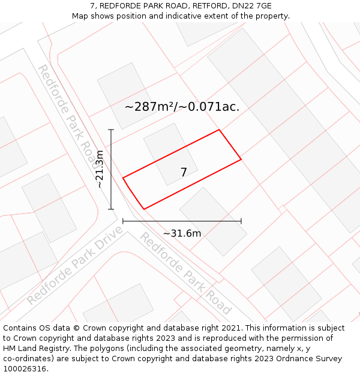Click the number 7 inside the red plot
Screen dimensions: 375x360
click(184, 172)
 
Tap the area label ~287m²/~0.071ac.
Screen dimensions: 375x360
click(182, 107)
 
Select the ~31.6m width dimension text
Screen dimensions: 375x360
click(182, 233)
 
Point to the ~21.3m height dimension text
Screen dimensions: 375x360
click(100, 169)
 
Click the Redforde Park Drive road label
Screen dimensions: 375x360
click(74, 265)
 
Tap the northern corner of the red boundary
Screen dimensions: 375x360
click(219, 130)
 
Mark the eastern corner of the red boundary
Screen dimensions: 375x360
click(241, 160)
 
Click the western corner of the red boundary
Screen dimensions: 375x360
click(123, 178)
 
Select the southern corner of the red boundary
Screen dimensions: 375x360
click(144, 209)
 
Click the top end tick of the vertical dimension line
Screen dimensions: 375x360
click(111, 130)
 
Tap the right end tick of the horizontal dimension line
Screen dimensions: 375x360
click(241, 221)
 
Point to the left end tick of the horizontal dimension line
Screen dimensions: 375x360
click(123, 221)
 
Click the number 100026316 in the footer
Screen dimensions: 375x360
click(23, 369)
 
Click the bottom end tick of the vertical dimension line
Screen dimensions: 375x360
click(111, 209)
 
